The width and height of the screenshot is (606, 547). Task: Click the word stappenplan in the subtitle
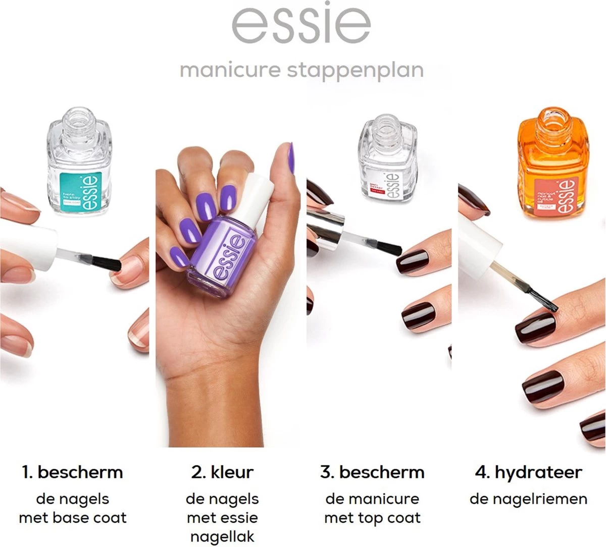coord(355,71)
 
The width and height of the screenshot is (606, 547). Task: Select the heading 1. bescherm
coord(72,472)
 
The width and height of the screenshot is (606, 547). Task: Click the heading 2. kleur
coord(222,472)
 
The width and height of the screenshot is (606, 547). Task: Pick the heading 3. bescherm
coord(372,472)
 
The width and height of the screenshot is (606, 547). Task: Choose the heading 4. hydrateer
coord(528,472)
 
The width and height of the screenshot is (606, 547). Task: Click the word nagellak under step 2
coord(222,536)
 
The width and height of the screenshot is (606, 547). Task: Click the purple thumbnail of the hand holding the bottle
coord(290,158)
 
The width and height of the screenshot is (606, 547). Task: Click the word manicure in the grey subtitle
coord(230,70)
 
